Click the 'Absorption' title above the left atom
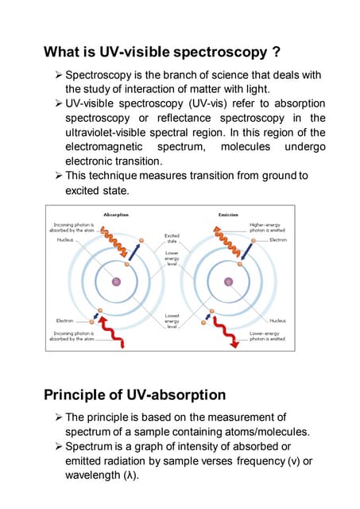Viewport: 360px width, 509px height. (x=116, y=215)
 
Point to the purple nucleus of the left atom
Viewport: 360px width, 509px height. (x=116, y=281)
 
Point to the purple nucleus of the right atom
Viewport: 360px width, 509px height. (x=229, y=281)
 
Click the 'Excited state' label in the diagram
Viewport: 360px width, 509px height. (x=172, y=238)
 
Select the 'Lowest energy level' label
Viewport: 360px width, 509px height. (x=172, y=321)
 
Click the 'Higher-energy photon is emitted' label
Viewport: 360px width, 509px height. (x=267, y=227)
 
